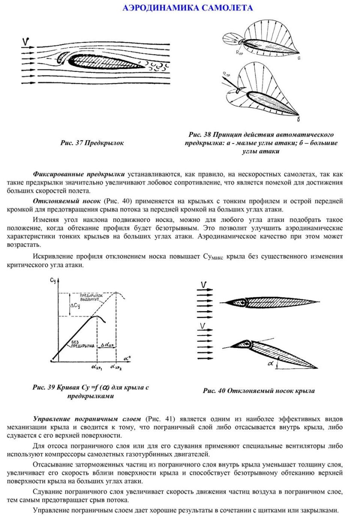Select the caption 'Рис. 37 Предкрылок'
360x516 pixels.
[92, 143]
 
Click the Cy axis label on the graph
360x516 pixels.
[53, 281]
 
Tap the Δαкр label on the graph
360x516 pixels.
[106, 344]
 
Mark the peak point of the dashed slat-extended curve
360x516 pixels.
[116, 293]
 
